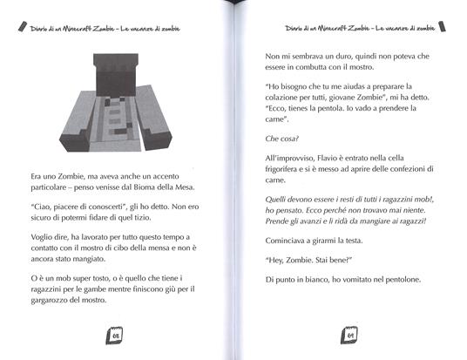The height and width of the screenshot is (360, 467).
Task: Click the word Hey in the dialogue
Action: click(x=278, y=258)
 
